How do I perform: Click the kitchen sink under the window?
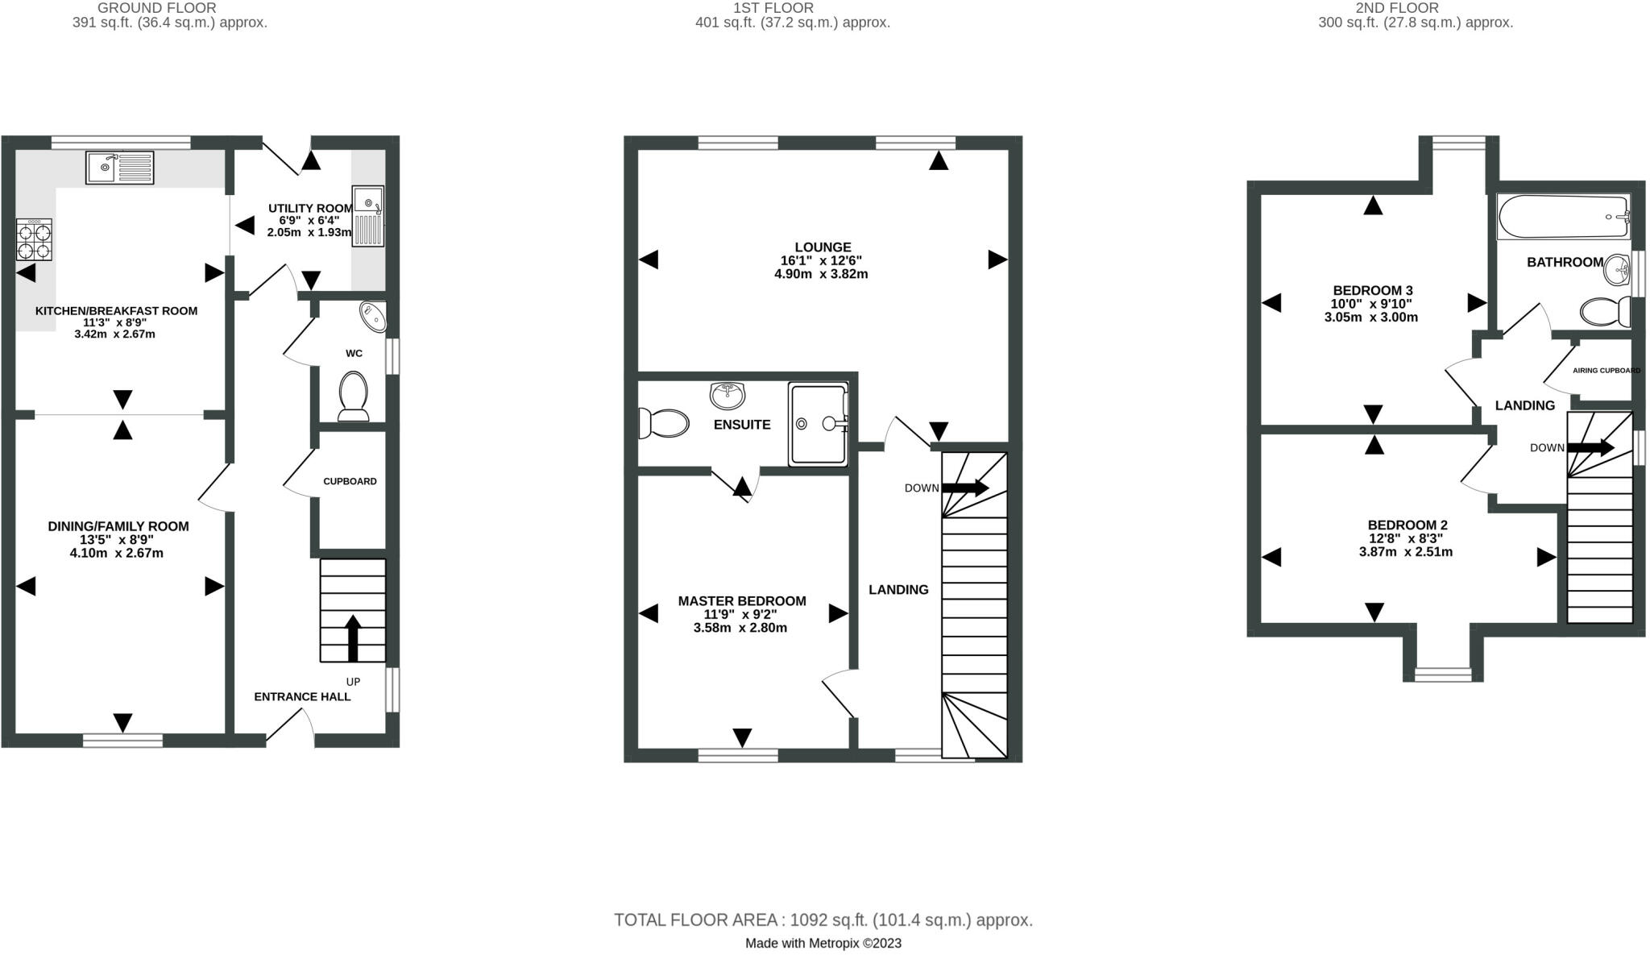tap(119, 168)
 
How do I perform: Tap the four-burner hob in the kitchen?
tap(35, 239)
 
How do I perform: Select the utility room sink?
tap(368, 216)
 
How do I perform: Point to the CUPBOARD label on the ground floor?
tap(350, 481)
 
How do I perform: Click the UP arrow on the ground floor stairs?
tap(353, 638)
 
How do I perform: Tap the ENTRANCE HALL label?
tap(302, 697)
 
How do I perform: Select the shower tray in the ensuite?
tap(819, 425)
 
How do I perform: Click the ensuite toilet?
tap(663, 423)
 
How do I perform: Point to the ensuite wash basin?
tap(728, 395)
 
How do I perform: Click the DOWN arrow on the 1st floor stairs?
tap(964, 488)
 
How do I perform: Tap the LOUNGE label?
tap(823, 247)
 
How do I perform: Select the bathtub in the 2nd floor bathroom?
tap(1563, 216)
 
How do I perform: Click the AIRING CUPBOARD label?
tap(1606, 371)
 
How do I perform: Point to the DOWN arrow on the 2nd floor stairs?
tap(1590, 447)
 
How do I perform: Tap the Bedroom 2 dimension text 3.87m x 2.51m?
tap(1406, 552)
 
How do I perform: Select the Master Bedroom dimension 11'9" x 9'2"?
tap(740, 614)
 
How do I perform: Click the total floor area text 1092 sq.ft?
tap(823, 920)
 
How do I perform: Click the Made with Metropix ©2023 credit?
tap(823, 943)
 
